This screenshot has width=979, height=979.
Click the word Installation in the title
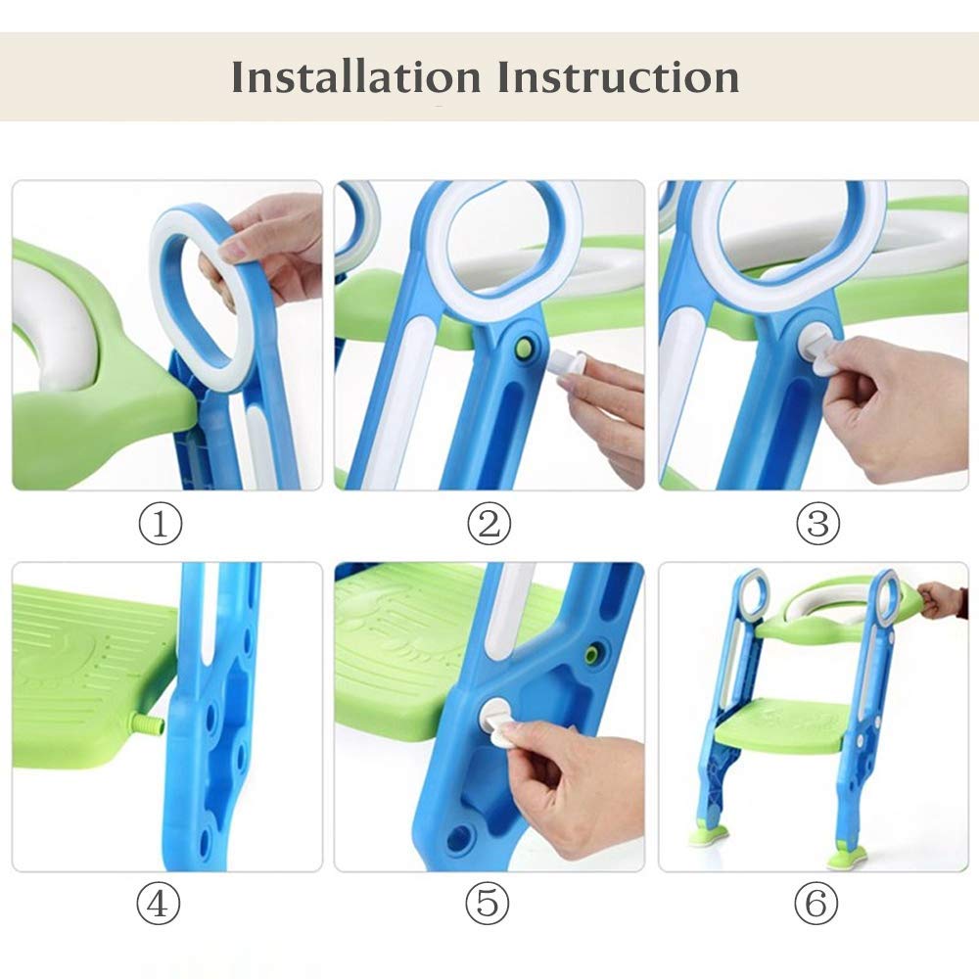[x=357, y=76]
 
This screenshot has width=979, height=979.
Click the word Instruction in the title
[x=618, y=76]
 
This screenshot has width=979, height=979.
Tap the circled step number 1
[x=160, y=525]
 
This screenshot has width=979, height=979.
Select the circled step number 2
[x=488, y=525]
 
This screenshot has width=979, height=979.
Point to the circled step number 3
[x=817, y=525]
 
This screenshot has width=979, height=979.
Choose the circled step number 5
[x=488, y=904]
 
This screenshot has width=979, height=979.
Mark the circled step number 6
[x=816, y=904]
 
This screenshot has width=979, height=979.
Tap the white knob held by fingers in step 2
[x=573, y=365]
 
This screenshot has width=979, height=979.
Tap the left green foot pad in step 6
[x=709, y=836]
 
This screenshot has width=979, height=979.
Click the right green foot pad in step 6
[x=847, y=858]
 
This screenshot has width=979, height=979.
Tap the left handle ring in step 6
[x=752, y=597]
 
